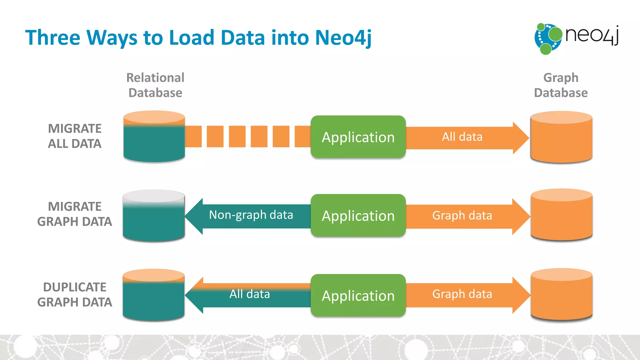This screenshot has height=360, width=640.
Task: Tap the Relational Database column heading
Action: point(155,85)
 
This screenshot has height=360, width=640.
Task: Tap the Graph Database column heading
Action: point(561,85)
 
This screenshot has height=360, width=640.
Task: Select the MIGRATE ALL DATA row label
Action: point(75,136)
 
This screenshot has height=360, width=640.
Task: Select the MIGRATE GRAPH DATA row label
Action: point(75,214)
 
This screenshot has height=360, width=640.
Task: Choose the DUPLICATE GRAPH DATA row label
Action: point(75,294)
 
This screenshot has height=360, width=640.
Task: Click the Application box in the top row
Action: point(358,137)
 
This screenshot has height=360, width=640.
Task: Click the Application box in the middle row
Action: point(358,216)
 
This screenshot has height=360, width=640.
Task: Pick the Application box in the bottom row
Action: point(358,295)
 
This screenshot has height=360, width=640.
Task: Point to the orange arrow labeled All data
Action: point(462,137)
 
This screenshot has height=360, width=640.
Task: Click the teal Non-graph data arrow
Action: point(250,216)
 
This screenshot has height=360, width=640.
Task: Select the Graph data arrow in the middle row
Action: point(462,216)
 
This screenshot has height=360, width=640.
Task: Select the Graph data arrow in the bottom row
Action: point(462,295)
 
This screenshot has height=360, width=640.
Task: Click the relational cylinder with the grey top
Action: point(154,216)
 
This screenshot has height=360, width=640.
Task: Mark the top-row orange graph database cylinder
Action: point(561,137)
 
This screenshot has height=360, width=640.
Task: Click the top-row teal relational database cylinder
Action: point(154,137)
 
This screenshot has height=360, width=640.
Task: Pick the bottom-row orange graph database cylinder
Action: point(561,294)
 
